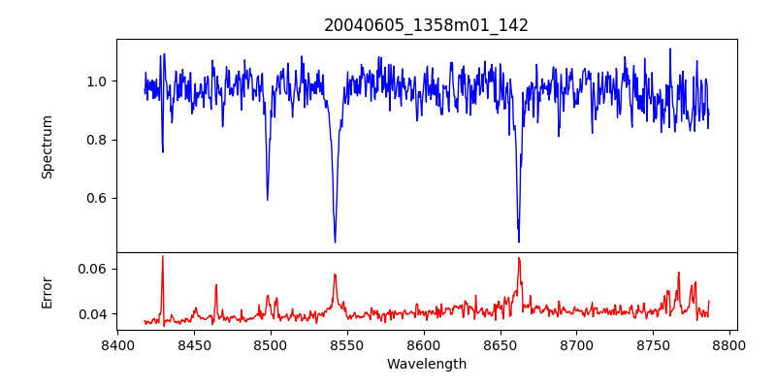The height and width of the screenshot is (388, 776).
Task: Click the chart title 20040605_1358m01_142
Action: pyautogui.click(x=426, y=25)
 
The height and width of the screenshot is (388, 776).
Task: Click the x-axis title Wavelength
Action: pyautogui.click(x=426, y=364)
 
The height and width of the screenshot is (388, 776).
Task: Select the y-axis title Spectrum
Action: pyautogui.click(x=48, y=146)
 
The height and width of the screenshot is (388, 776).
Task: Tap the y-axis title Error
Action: pyautogui.click(x=48, y=292)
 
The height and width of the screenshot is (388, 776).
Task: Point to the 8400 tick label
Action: pyautogui.click(x=117, y=344)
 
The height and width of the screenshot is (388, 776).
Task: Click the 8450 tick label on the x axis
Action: pyautogui.click(x=194, y=344)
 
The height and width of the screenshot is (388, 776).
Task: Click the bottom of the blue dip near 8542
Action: pyautogui.click(x=335, y=242)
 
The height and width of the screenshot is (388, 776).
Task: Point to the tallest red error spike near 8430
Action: pyautogui.click(x=163, y=256)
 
